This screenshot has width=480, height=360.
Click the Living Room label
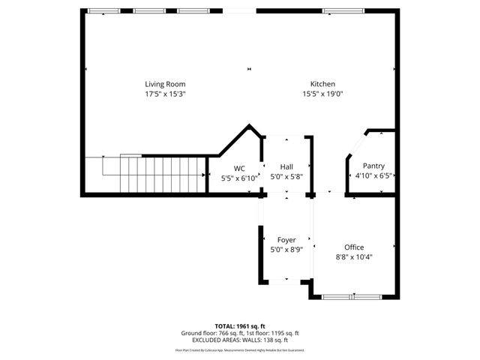click(165, 84)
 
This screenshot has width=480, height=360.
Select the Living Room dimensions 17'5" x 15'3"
click(165, 94)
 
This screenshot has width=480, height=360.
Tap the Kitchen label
click(322, 84)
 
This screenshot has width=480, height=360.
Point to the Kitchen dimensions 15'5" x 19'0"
click(322, 94)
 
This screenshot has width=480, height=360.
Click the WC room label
click(239, 169)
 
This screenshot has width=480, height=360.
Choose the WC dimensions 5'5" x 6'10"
click(239, 178)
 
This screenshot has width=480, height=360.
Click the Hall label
click(286, 166)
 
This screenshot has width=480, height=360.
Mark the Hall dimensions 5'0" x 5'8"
click(286, 176)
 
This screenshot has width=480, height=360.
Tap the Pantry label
click(373, 166)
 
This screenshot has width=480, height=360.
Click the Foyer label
click(286, 239)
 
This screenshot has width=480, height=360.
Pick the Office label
click(354, 247)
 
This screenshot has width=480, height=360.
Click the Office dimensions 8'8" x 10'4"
click(354, 256)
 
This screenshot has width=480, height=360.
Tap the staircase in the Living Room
click(161, 174)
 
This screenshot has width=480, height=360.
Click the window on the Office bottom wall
click(352, 297)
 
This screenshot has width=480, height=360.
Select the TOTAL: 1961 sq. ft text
click(240, 326)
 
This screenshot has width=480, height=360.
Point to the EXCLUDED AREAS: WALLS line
click(240, 340)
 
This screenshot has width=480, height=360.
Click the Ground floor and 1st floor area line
click(240, 333)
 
